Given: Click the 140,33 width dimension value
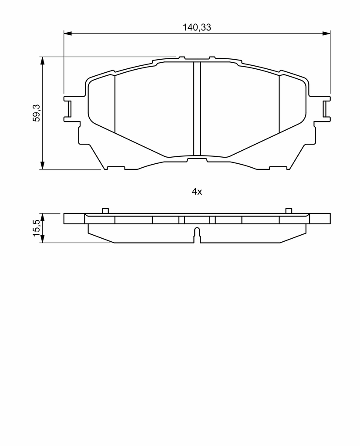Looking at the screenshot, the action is pyautogui.click(x=197, y=27).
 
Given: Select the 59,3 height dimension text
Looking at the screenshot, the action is pyautogui.click(x=37, y=113).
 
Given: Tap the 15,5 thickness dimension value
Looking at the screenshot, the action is pyautogui.click(x=37, y=227).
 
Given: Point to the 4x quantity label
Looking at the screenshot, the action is pyautogui.click(x=197, y=192).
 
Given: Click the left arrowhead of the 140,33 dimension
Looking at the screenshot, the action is pyautogui.click(x=67, y=34).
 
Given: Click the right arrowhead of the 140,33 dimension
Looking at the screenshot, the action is pyautogui.click(x=326, y=34).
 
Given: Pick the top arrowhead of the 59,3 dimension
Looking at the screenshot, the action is pyautogui.click(x=42, y=60).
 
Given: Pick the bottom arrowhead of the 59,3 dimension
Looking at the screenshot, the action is pyautogui.click(x=42, y=166).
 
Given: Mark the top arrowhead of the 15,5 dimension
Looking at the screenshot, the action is pyautogui.click(x=42, y=217).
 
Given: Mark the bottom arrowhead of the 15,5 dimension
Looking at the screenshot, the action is pyautogui.click(x=42, y=239).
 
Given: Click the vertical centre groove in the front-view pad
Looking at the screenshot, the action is pyautogui.click(x=197, y=108).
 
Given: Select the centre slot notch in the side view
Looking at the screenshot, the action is pyautogui.click(x=197, y=235).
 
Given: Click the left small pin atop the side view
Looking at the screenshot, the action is pyautogui.click(x=105, y=211).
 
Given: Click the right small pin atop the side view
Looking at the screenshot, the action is pyautogui.click(x=289, y=211).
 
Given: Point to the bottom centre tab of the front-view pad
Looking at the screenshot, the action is pyautogui.click(x=197, y=160).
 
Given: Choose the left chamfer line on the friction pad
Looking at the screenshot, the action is pyautogui.click(x=115, y=104).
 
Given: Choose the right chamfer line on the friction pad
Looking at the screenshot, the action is pyautogui.click(x=279, y=104).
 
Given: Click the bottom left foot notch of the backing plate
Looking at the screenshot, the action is pyautogui.click(x=116, y=168).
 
